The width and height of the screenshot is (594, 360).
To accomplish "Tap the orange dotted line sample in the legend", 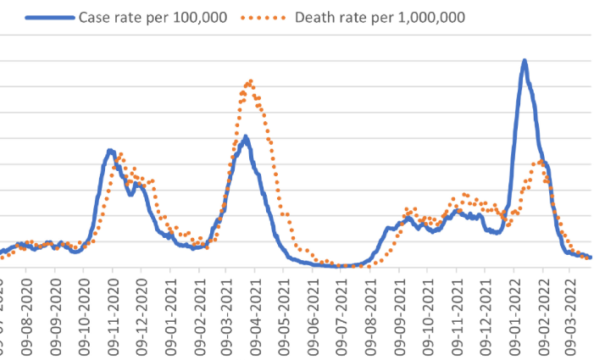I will pos(268,17).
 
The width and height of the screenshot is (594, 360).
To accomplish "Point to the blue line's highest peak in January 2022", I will pos(525,61).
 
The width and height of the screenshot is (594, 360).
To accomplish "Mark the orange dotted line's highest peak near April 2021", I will pos(250,81).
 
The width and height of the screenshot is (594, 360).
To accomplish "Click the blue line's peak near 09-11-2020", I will pos(110,151).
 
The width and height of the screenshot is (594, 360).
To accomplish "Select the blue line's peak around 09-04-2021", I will pos(246,136).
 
